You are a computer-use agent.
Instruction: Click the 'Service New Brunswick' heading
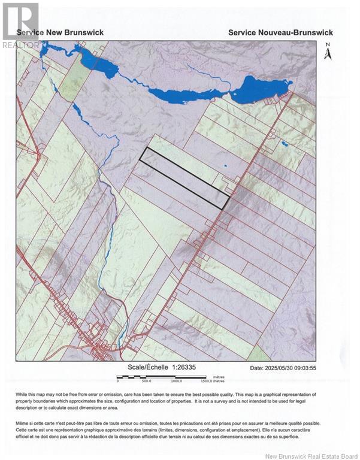tap(60, 32)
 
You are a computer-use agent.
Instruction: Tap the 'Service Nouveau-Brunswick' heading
tap(280, 32)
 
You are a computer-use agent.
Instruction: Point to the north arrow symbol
tap(328, 54)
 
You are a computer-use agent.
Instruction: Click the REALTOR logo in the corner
tap(20, 25)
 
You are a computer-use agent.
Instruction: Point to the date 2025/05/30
tap(285, 368)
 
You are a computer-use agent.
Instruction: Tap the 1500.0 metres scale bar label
tap(213, 381)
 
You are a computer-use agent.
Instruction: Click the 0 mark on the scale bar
tap(118, 381)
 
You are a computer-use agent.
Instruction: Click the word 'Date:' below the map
tap(257, 368)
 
